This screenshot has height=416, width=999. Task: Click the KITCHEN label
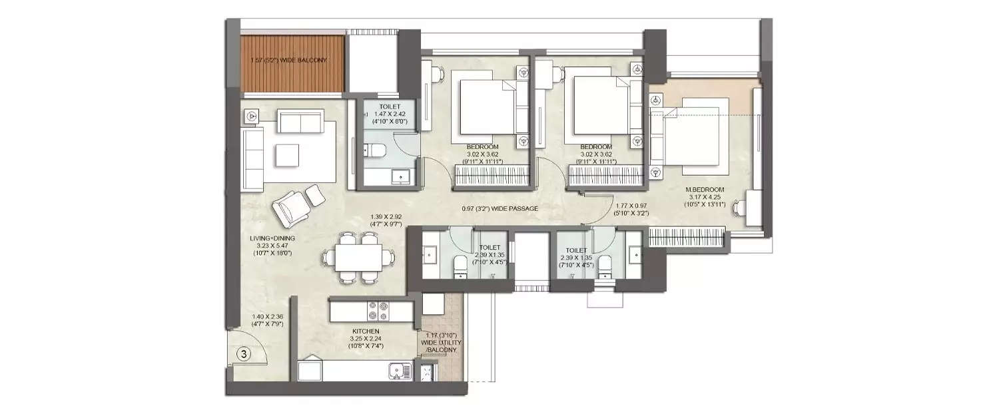(x=366, y=331)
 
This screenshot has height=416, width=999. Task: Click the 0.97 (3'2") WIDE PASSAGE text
(x=499, y=208)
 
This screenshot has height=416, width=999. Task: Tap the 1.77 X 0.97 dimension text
(x=632, y=209)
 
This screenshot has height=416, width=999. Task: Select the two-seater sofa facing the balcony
(x=300, y=122)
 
